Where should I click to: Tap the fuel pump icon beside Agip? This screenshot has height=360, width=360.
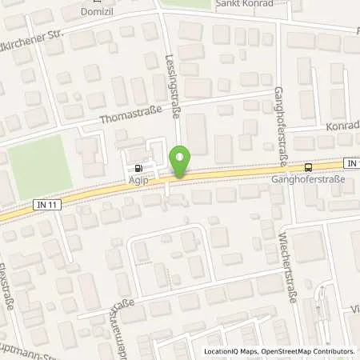point(141,169)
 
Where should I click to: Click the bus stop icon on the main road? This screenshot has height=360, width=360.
point(309,167)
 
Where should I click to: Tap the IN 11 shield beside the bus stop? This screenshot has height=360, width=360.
point(353,162)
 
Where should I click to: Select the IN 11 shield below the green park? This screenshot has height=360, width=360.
point(46,206)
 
